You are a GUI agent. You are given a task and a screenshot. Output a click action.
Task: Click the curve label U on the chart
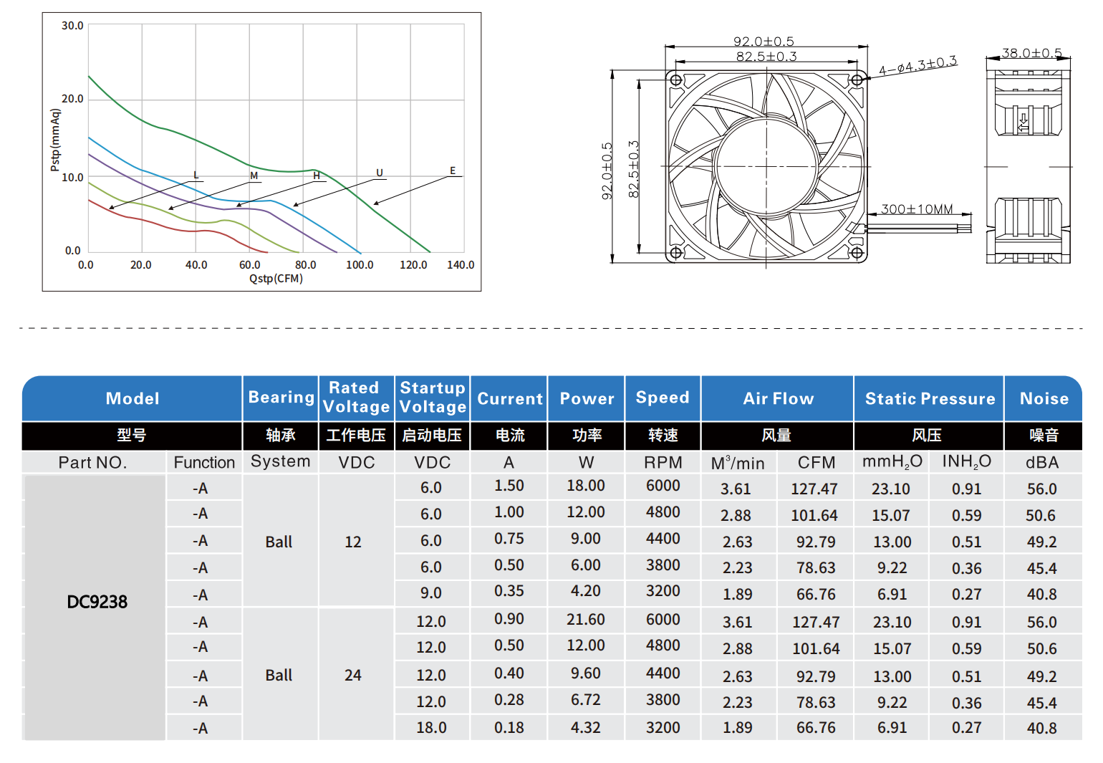point(380,173)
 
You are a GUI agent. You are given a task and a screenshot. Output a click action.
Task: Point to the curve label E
point(453,171)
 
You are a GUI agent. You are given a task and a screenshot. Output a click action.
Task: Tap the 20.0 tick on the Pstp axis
point(72,99)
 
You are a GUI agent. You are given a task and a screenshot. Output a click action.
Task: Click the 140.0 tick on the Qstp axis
point(461,265)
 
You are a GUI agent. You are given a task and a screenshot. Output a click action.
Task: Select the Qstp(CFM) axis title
point(276,279)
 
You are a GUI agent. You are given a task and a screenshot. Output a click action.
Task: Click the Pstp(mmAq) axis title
point(55,140)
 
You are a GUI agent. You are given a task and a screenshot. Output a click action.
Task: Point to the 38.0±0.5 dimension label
point(1031,53)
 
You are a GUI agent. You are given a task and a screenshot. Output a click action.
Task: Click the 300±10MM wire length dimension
point(917,209)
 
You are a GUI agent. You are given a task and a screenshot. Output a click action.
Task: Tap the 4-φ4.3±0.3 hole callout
point(917,66)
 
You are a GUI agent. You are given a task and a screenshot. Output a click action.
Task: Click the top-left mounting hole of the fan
point(675,80)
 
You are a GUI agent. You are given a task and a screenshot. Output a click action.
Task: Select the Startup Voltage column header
point(433,398)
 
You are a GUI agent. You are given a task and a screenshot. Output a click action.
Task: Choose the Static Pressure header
point(930,399)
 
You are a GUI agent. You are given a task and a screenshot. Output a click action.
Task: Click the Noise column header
point(1044,399)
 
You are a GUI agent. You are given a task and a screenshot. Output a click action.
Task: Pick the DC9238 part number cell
point(97,602)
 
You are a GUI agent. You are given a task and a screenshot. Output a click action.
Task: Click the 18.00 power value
point(586,486)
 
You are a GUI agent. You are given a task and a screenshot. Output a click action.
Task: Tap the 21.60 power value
point(586,620)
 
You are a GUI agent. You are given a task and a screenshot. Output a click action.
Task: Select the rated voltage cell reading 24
point(353,676)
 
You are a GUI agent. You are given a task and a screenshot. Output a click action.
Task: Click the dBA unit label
point(1042,463)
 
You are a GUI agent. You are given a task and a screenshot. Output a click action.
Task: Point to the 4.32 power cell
point(586,728)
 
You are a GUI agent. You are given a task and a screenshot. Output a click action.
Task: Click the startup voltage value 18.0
point(431,728)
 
